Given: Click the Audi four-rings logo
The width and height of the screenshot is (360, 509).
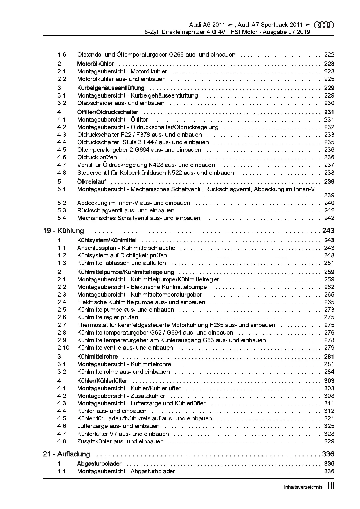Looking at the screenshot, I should [x=324, y=25].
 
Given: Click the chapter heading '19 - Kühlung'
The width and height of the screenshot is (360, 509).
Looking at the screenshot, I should [x=63, y=231].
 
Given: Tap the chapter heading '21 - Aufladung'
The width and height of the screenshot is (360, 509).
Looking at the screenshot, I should [x=66, y=454].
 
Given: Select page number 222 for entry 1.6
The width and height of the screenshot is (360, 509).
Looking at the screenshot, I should [x=329, y=55].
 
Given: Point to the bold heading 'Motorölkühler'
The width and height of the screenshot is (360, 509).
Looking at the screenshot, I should [x=95, y=64].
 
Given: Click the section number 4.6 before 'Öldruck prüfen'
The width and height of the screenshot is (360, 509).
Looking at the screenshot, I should [x=62, y=157].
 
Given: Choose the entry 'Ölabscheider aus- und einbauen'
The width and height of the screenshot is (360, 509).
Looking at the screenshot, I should [x=121, y=103].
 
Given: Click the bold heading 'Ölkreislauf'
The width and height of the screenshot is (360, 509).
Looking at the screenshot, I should [x=91, y=182].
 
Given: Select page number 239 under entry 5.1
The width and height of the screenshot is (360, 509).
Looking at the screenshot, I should [x=329, y=195].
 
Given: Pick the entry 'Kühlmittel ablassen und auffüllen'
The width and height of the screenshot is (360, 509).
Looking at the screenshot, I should [x=122, y=263].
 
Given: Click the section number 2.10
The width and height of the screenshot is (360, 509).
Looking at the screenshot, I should [x=63, y=348].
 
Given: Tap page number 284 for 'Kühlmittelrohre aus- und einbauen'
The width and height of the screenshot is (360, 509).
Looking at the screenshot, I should [x=329, y=372].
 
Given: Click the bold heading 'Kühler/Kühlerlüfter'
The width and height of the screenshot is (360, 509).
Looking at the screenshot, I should [x=102, y=381].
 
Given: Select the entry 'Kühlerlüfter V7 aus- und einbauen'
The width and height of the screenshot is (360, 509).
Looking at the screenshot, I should [x=123, y=434].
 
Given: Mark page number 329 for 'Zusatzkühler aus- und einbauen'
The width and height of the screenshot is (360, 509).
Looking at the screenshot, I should [x=329, y=441].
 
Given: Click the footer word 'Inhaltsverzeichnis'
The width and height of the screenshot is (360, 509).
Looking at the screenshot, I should [x=303, y=487].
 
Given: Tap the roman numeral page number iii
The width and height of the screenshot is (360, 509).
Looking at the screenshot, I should [x=331, y=486].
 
